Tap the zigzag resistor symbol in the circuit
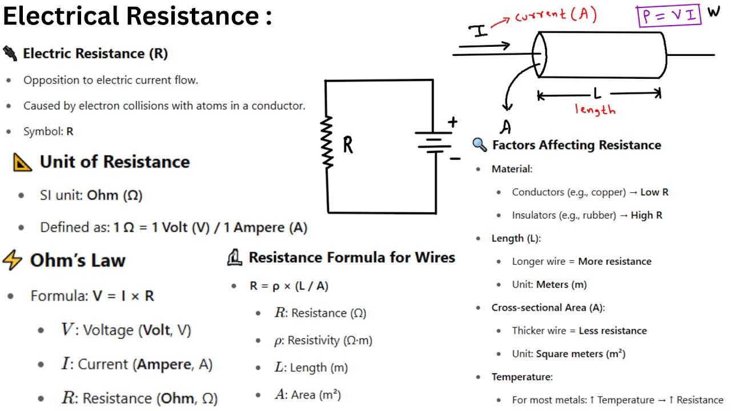(328, 142)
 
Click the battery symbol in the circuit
(435, 143)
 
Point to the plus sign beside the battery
(453, 122)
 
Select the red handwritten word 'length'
(595, 109)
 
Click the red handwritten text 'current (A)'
(556, 15)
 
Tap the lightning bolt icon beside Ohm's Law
(12, 260)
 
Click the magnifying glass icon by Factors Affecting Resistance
(480, 144)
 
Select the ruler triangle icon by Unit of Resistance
(22, 162)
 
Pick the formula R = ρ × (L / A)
(289, 286)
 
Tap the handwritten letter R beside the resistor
(348, 146)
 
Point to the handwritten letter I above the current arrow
(480, 31)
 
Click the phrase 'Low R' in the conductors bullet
(654, 192)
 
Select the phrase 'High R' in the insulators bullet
(646, 215)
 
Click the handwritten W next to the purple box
(714, 11)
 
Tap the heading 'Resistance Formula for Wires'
(352, 257)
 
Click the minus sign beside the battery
(455, 159)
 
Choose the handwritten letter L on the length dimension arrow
(597, 93)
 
